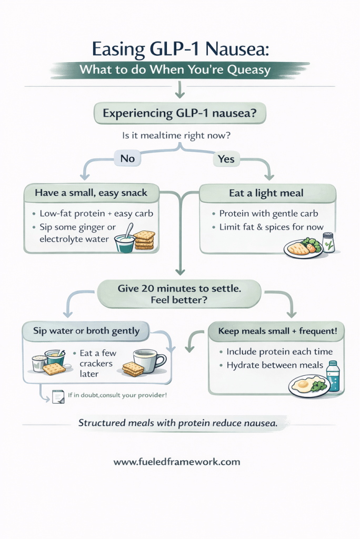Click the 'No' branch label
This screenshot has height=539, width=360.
[x=127, y=158]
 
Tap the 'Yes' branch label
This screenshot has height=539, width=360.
[x=226, y=158]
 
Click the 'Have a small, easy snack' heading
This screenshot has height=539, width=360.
[x=91, y=193]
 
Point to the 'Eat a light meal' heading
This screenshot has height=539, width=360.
[x=266, y=193]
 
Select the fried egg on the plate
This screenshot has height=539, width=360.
[x=304, y=384]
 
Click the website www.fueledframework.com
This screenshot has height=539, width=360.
[x=177, y=462]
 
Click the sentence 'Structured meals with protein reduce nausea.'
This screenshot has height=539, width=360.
[x=177, y=422]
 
